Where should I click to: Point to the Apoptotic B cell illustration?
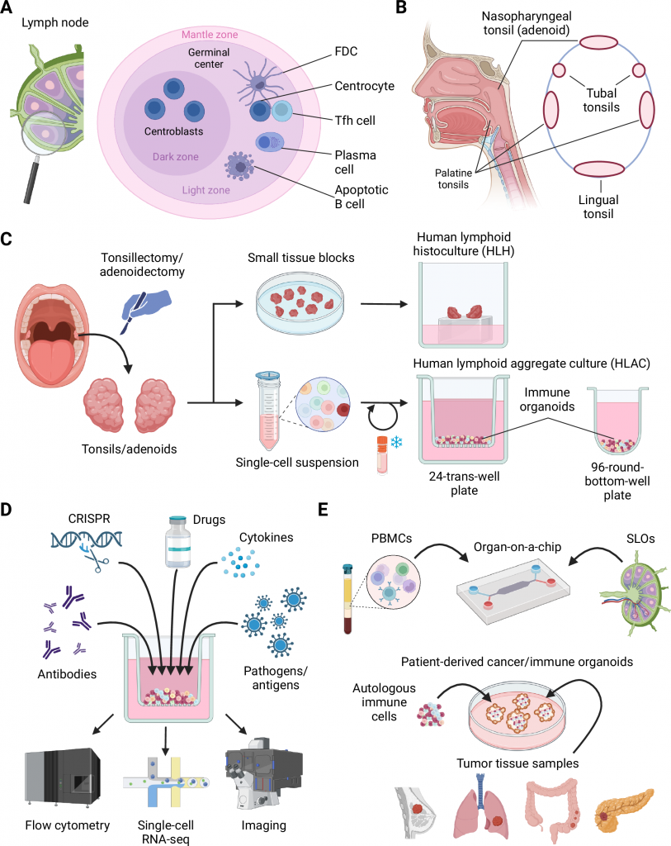click(242, 165)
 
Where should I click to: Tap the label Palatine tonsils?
click(449, 179)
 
